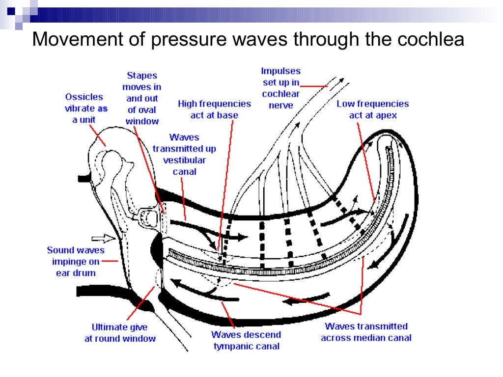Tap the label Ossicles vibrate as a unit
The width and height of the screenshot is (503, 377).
click(x=86, y=108)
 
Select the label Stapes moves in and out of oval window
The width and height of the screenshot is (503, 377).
click(x=142, y=98)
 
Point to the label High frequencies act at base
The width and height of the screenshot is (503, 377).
click(x=214, y=109)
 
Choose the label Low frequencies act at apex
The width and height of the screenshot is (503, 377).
click(x=372, y=109)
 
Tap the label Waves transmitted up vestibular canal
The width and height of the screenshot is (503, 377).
click(x=184, y=154)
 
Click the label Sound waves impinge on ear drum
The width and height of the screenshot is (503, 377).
click(x=76, y=261)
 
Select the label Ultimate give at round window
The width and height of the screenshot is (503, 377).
click(x=120, y=333)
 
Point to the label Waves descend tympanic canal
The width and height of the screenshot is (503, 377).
click(x=247, y=341)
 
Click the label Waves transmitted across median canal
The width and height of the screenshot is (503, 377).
click(x=366, y=332)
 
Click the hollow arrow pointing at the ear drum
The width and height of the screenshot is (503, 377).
click(x=106, y=239)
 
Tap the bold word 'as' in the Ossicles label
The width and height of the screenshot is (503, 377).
click(x=102, y=108)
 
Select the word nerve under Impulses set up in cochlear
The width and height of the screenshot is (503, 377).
click(x=280, y=105)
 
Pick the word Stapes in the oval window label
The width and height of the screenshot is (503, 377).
click(x=142, y=76)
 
